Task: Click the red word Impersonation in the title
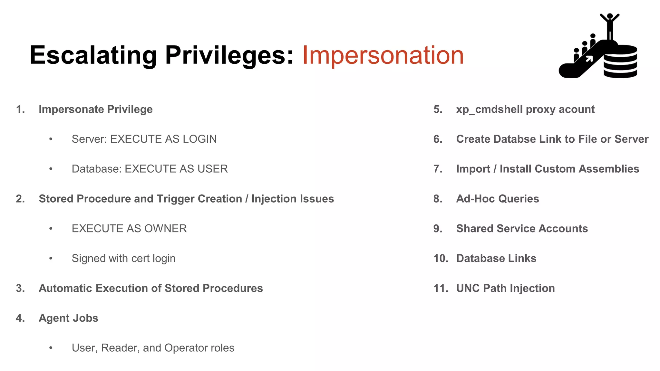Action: (x=383, y=55)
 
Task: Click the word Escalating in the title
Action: (x=93, y=55)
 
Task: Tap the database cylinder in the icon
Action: (x=620, y=62)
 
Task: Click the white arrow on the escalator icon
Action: (x=589, y=59)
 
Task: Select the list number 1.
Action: (x=20, y=109)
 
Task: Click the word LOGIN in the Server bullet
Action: (x=199, y=139)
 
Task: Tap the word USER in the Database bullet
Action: (x=212, y=169)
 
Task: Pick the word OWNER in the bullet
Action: (x=165, y=229)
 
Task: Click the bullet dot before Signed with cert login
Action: (x=51, y=258)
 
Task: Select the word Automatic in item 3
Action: (x=65, y=288)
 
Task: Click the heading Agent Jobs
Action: (x=68, y=318)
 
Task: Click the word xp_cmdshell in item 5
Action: (x=489, y=109)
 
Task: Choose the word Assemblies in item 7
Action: (x=609, y=169)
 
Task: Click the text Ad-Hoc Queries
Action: (x=497, y=199)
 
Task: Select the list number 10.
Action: (x=441, y=258)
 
